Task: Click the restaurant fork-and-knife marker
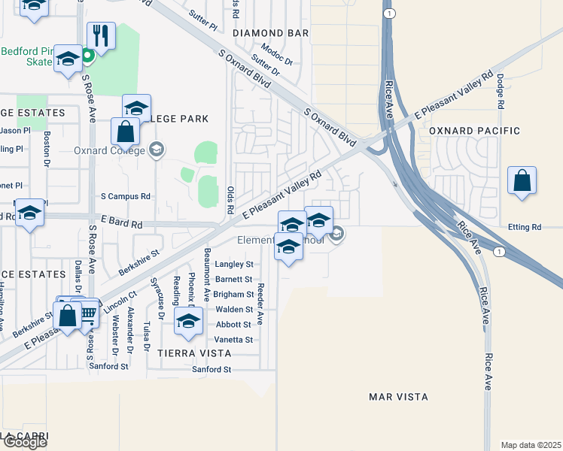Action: [x=101, y=35]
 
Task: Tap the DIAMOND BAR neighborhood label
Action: [x=271, y=33]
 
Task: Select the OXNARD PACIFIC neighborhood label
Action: [x=474, y=131]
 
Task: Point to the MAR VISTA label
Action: [x=398, y=396]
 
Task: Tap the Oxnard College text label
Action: [x=111, y=150]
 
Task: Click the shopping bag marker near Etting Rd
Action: [x=522, y=181]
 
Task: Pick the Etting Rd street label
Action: [x=525, y=226]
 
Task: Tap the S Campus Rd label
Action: [x=126, y=196]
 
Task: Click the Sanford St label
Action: [x=212, y=369]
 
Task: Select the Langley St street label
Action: [x=234, y=264]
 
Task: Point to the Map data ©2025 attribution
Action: [x=531, y=445]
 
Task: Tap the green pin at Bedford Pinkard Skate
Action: [x=87, y=55]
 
